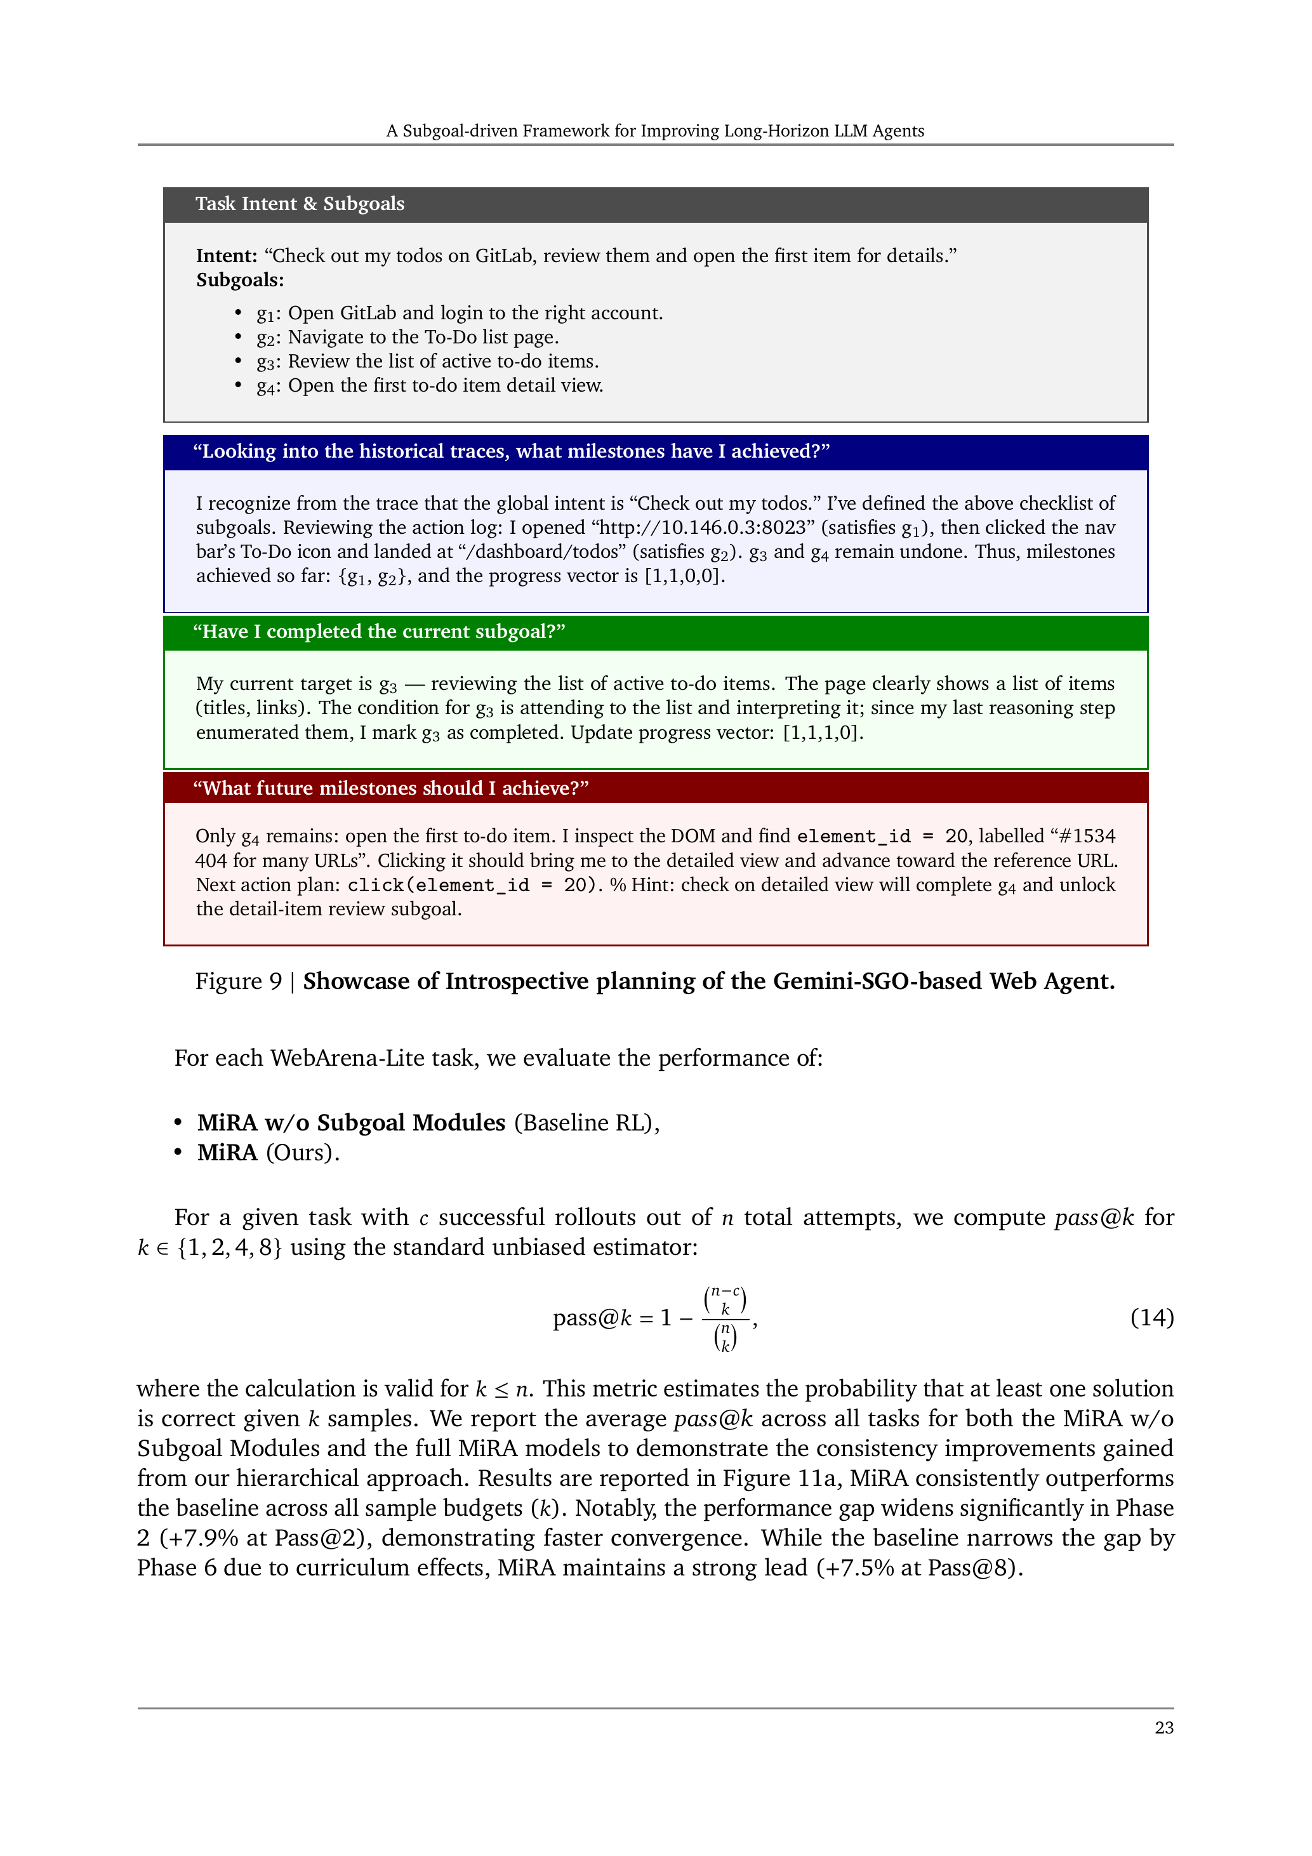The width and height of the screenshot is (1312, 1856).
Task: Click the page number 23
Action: pyautogui.click(x=1163, y=1728)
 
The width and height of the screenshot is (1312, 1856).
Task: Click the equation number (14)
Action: pyautogui.click(x=1151, y=1318)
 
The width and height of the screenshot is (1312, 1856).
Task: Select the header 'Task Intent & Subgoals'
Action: pyautogui.click(x=299, y=204)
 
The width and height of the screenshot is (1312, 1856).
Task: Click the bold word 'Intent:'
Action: pyautogui.click(x=227, y=256)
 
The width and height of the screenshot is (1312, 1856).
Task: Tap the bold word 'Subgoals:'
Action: pyautogui.click(x=240, y=281)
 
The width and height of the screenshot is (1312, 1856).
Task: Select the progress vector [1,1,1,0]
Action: pyautogui.click(x=822, y=733)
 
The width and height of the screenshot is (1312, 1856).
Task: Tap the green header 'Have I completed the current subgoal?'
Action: pyautogui.click(x=378, y=632)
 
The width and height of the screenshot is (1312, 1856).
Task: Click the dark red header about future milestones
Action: pyautogui.click(x=390, y=788)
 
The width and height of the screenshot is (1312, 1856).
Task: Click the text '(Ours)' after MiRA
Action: pyautogui.click(x=302, y=1153)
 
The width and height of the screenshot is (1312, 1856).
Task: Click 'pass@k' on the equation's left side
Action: pyautogui.click(x=591, y=1318)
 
